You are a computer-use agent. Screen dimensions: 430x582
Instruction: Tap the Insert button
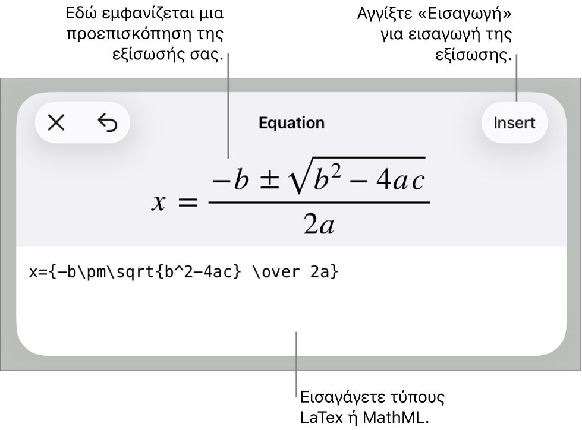514,123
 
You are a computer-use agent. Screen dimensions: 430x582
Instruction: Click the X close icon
56,123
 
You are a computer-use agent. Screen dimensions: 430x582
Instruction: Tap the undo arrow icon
108,123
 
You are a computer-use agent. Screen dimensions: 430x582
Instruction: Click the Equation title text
291,123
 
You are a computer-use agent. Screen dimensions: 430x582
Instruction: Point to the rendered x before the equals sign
158,203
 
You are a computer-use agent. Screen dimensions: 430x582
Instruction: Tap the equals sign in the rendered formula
187,203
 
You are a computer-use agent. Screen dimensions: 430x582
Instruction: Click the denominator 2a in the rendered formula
319,225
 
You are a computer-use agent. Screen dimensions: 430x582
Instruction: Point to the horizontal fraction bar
319,203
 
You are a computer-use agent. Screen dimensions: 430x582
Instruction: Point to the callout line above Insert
516,77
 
